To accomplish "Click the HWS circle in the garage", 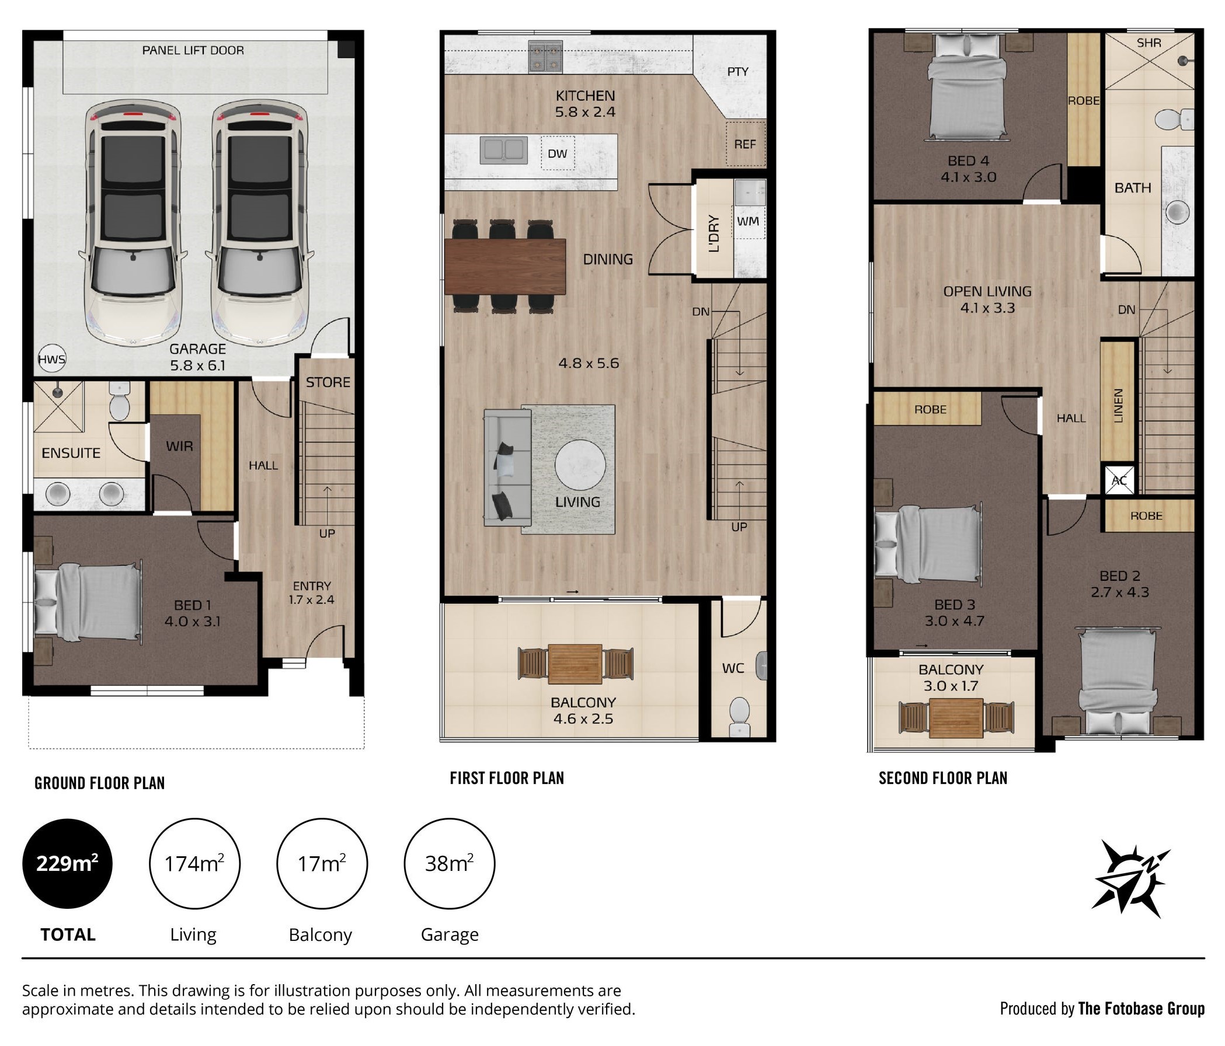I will (x=51, y=360).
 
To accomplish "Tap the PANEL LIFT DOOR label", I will (x=193, y=51).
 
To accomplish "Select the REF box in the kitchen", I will (x=745, y=144).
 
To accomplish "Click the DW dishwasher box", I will (x=558, y=154).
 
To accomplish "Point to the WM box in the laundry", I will (x=749, y=222).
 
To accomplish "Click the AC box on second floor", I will (x=1119, y=480).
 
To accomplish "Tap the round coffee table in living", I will (x=580, y=465).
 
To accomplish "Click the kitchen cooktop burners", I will (x=545, y=57).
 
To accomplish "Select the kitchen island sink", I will (x=504, y=150).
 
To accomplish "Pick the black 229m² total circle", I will (x=67, y=863).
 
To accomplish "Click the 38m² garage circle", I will (x=450, y=863).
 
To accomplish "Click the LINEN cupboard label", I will (x=1118, y=406).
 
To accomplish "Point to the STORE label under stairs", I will (x=328, y=382).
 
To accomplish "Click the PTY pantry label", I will (x=738, y=72).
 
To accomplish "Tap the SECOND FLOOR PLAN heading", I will (x=943, y=778).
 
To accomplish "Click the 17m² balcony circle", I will (x=322, y=863).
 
